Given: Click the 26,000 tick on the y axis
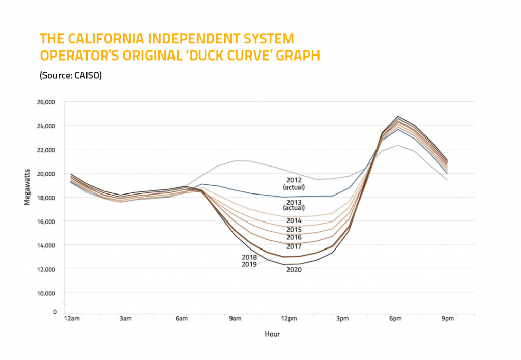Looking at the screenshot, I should click(46, 102).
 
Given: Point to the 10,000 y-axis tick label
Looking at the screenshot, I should click(46, 293).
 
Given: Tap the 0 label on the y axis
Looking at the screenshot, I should click(54, 311).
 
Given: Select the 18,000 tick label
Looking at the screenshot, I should click(46, 197).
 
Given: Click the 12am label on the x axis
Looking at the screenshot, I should click(71, 319).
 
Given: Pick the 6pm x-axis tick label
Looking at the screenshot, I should click(394, 319).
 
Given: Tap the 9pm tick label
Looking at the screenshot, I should click(447, 319).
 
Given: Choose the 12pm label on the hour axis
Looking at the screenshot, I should click(289, 319).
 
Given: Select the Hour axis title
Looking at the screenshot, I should click(272, 334).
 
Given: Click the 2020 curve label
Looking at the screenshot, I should click(294, 270).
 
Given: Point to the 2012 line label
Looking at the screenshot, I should click(294, 180).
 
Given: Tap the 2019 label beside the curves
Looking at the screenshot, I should click(249, 264).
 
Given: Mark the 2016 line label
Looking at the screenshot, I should click(294, 237).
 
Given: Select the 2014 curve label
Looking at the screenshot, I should click(294, 221).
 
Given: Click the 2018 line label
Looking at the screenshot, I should click(249, 257).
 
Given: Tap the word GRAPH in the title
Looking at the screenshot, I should click(296, 55).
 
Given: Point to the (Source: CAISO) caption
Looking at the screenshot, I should click(71, 75).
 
